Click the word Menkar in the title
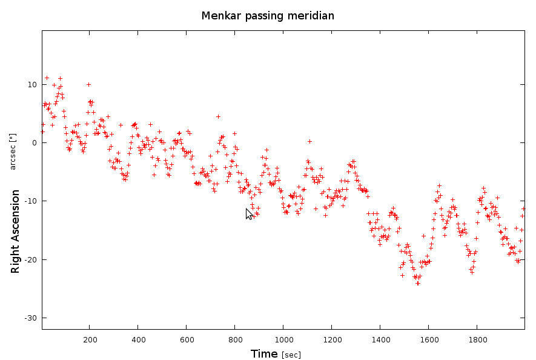(219, 16)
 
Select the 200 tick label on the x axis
(90, 339)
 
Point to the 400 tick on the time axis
(138, 339)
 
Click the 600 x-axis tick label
(187, 339)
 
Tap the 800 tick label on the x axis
(235, 339)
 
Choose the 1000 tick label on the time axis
(283, 339)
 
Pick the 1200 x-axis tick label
(332, 339)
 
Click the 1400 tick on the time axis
(380, 339)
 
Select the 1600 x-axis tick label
(429, 339)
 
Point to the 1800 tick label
(477, 339)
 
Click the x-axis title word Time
(264, 353)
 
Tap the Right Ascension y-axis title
(16, 231)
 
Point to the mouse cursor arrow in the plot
(249, 213)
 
